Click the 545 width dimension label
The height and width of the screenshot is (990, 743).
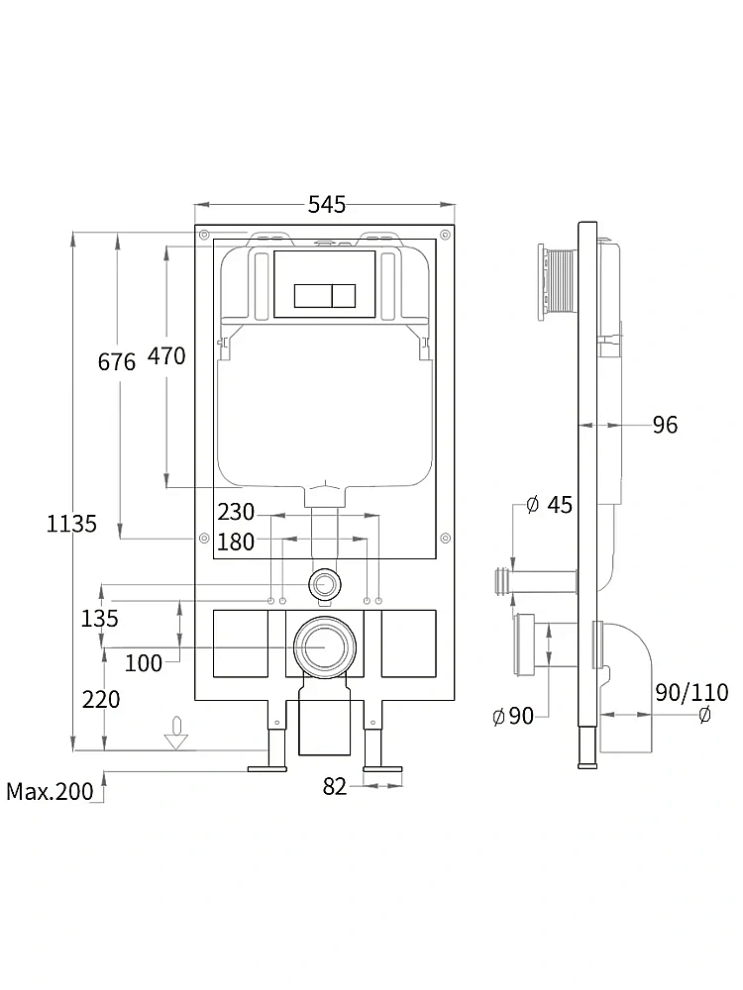[327, 205]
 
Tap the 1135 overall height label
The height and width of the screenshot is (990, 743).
[71, 524]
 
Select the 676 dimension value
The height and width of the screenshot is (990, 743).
[117, 361]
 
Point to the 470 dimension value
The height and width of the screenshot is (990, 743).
[166, 356]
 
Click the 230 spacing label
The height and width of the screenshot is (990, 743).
[236, 512]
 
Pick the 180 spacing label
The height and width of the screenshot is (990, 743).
[236, 542]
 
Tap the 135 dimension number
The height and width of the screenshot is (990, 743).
[99, 618]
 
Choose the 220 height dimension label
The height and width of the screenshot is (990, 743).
[101, 700]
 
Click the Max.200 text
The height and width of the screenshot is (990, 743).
[50, 791]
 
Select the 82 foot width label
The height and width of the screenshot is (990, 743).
[335, 786]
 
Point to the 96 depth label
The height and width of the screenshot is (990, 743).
[665, 425]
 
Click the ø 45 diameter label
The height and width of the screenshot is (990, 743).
[549, 505]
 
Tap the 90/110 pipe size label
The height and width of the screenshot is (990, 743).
[691, 693]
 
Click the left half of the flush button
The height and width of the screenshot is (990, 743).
[313, 295]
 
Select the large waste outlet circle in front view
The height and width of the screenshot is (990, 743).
[325, 647]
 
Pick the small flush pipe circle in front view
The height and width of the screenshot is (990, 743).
[325, 584]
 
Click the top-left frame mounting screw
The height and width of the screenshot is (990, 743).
[204, 235]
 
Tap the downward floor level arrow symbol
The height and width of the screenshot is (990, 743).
[176, 733]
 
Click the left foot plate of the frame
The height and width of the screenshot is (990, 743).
[267, 768]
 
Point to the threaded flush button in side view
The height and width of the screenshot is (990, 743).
[557, 281]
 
